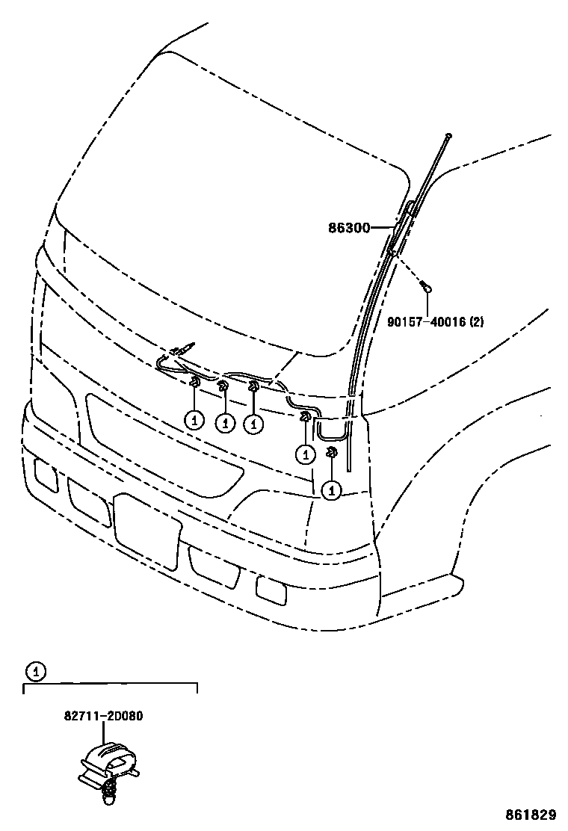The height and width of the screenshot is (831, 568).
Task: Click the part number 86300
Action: coord(349,227)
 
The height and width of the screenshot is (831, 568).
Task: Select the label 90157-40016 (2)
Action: coord(435,322)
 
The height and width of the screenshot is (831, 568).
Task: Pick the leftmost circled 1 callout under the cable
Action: coord(194,420)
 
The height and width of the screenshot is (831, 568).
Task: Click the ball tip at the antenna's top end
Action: coord(448,135)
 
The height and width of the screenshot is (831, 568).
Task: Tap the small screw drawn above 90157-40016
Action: coord(426,285)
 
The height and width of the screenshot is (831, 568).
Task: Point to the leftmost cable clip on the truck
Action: coord(194,384)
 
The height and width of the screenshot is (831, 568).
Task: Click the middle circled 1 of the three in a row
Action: coord(224,422)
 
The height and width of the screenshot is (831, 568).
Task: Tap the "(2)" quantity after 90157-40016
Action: coord(476,322)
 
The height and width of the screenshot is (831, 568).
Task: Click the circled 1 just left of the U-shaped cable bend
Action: coord(305,452)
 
